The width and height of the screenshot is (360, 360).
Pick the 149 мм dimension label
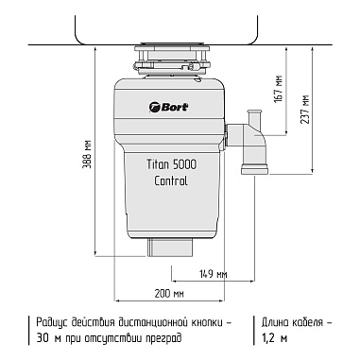(x=214, y=274)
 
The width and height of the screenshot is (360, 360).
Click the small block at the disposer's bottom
(x=170, y=247)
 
